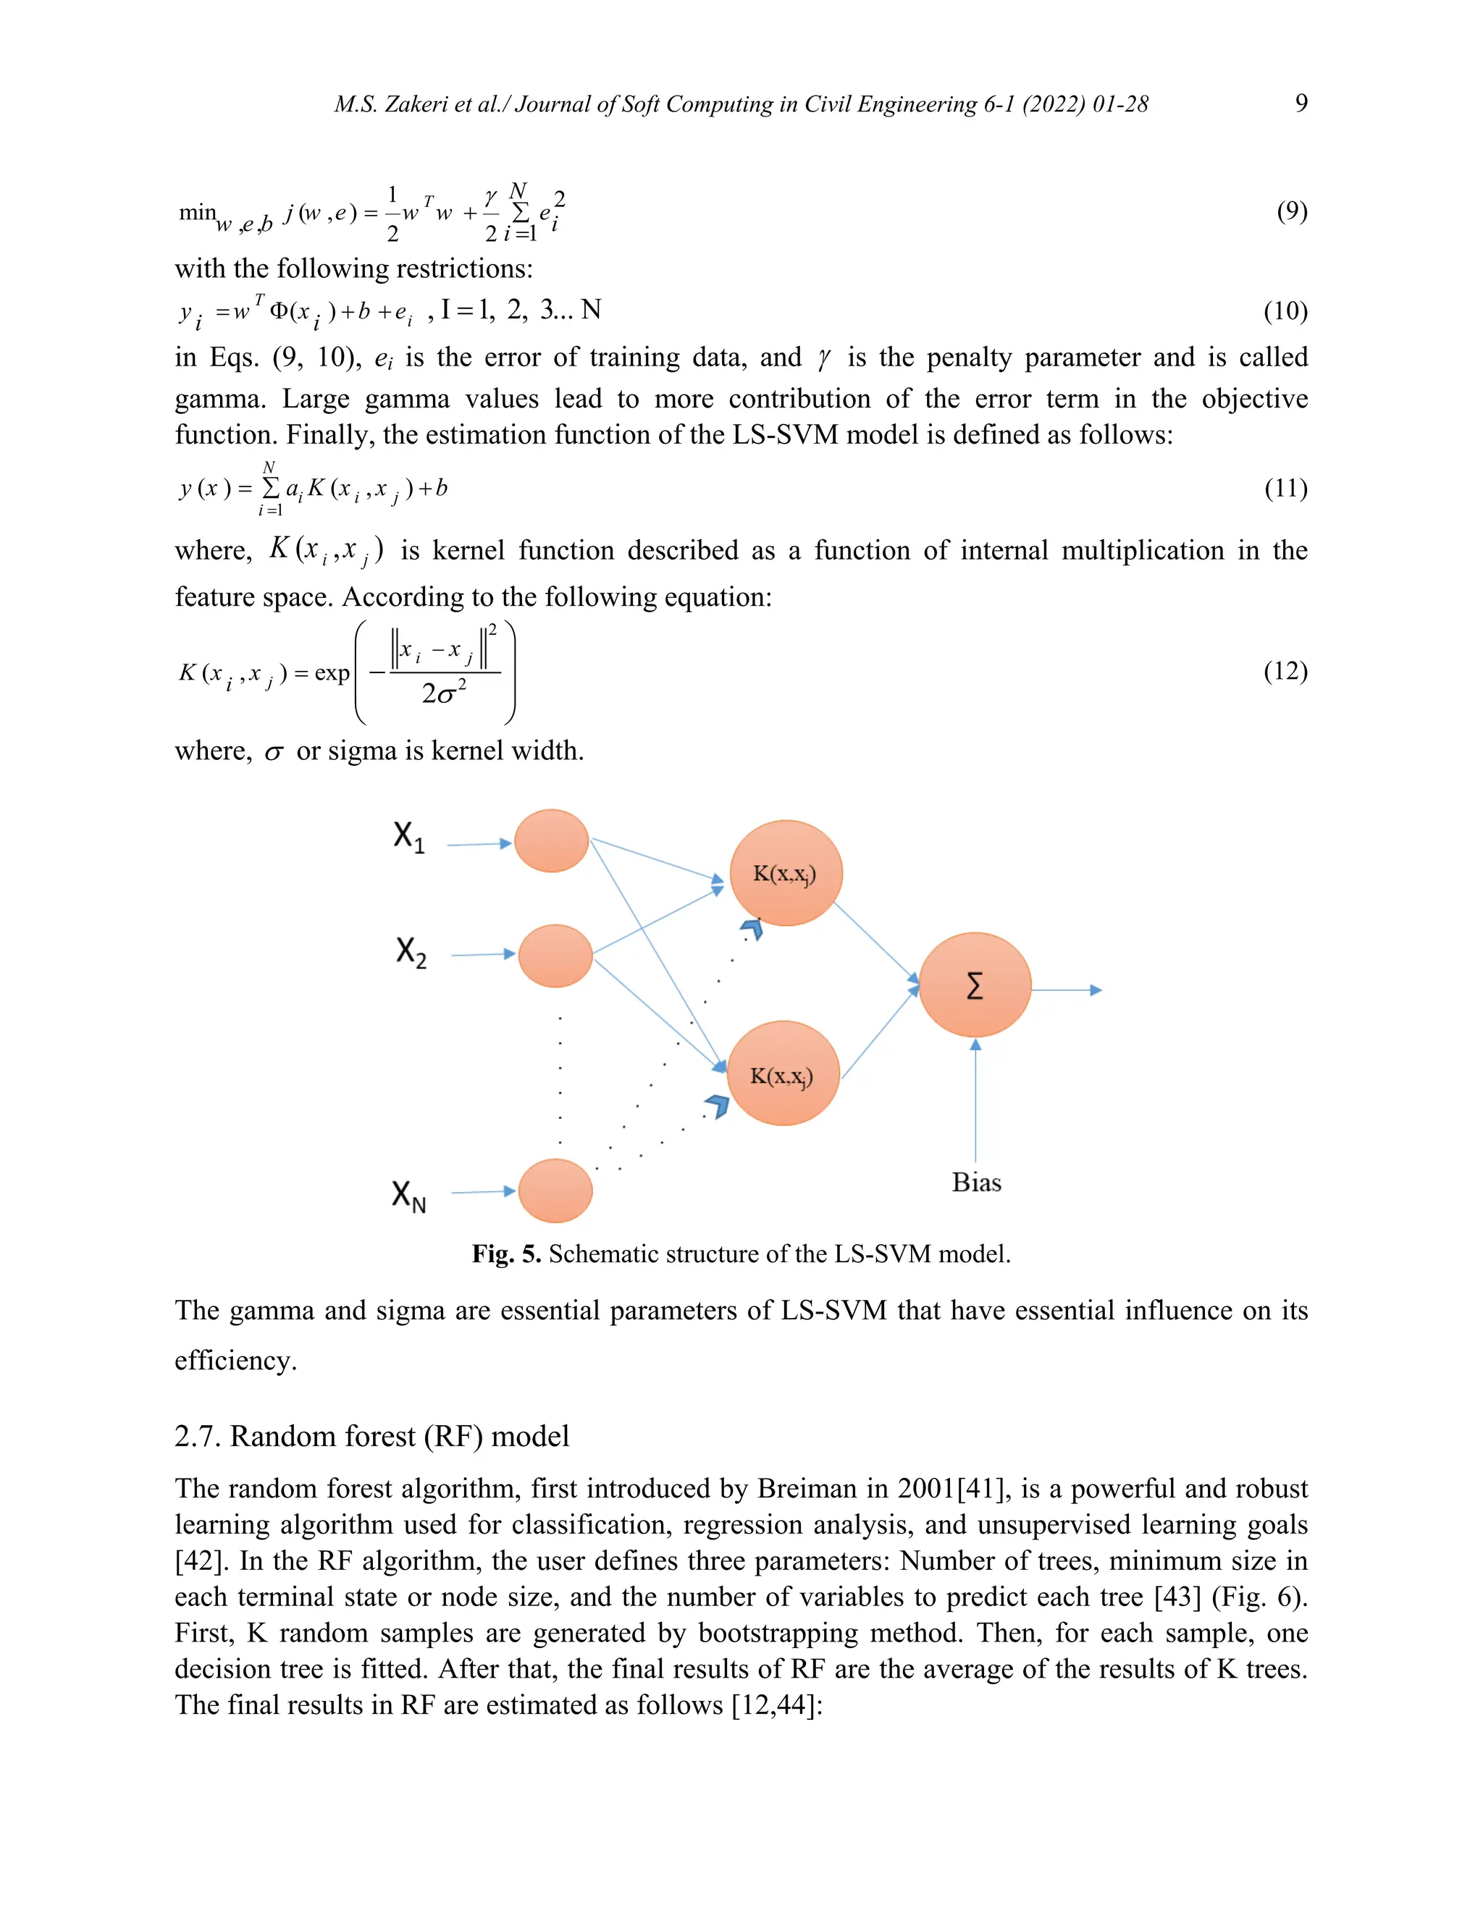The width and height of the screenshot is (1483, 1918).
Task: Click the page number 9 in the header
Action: pyautogui.click(x=1301, y=103)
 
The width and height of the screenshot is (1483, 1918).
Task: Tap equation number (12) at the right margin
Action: pyautogui.click(x=1285, y=671)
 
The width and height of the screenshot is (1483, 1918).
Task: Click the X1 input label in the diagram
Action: pyautogui.click(x=409, y=836)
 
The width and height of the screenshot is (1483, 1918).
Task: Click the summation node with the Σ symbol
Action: pyautogui.click(x=975, y=985)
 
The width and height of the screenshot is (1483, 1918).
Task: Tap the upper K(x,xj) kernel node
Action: pyautogui.click(x=786, y=873)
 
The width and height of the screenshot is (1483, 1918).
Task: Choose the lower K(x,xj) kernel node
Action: pyautogui.click(x=782, y=1073)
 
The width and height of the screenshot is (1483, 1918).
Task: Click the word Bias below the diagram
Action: pyautogui.click(x=976, y=1183)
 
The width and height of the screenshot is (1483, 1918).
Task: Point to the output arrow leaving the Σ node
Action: pyautogui.click(x=1066, y=989)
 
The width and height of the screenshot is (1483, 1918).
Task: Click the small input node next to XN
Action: pyautogui.click(x=555, y=1191)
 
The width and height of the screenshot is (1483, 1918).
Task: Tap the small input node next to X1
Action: pyautogui.click(x=551, y=840)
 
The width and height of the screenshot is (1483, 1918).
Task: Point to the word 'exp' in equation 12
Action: pyautogui.click(x=332, y=672)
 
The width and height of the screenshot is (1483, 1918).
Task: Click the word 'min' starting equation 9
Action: pyautogui.click(x=198, y=211)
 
